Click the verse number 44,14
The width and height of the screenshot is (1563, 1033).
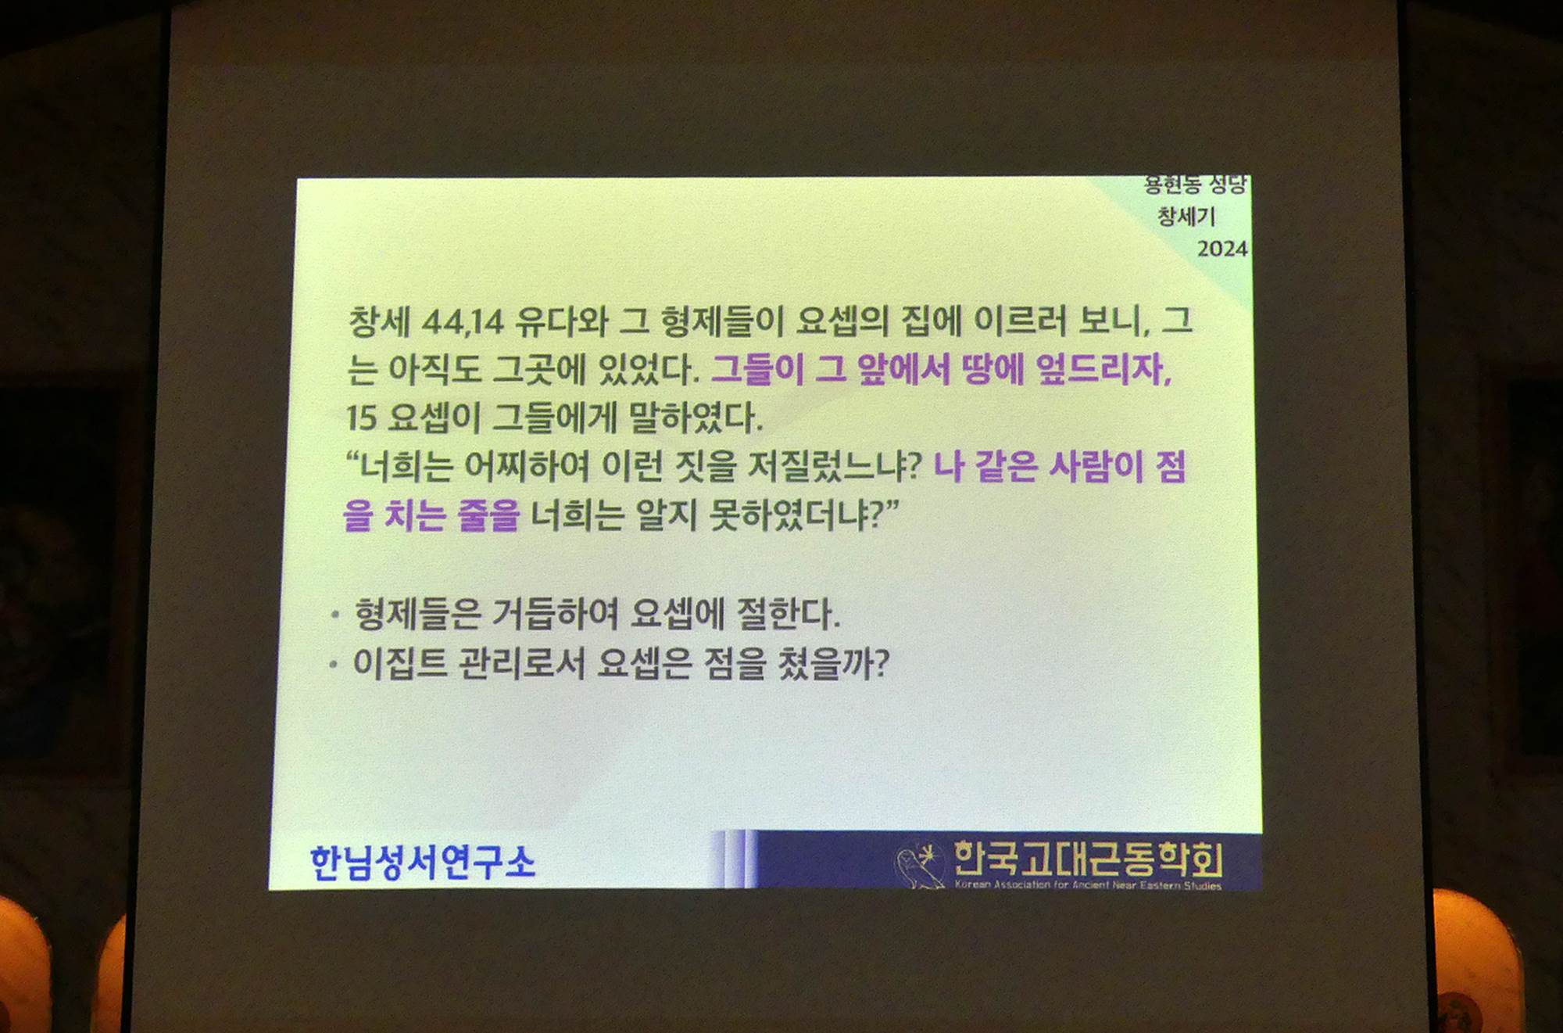[463, 321]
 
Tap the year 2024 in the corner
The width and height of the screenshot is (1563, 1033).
[1222, 249]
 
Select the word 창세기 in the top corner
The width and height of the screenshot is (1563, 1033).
[1186, 216]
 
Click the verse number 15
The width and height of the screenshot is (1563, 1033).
[361, 418]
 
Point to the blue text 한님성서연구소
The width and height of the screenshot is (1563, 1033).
[423, 863]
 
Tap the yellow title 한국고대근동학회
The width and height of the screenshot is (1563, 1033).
[1088, 859]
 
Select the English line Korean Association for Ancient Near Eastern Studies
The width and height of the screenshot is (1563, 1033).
[1088, 885]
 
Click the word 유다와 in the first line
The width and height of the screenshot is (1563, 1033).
[561, 321]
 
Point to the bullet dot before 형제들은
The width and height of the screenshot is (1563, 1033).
[334, 615]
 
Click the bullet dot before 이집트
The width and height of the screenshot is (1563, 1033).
[334, 665]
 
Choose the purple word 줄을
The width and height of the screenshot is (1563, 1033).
[488, 515]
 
